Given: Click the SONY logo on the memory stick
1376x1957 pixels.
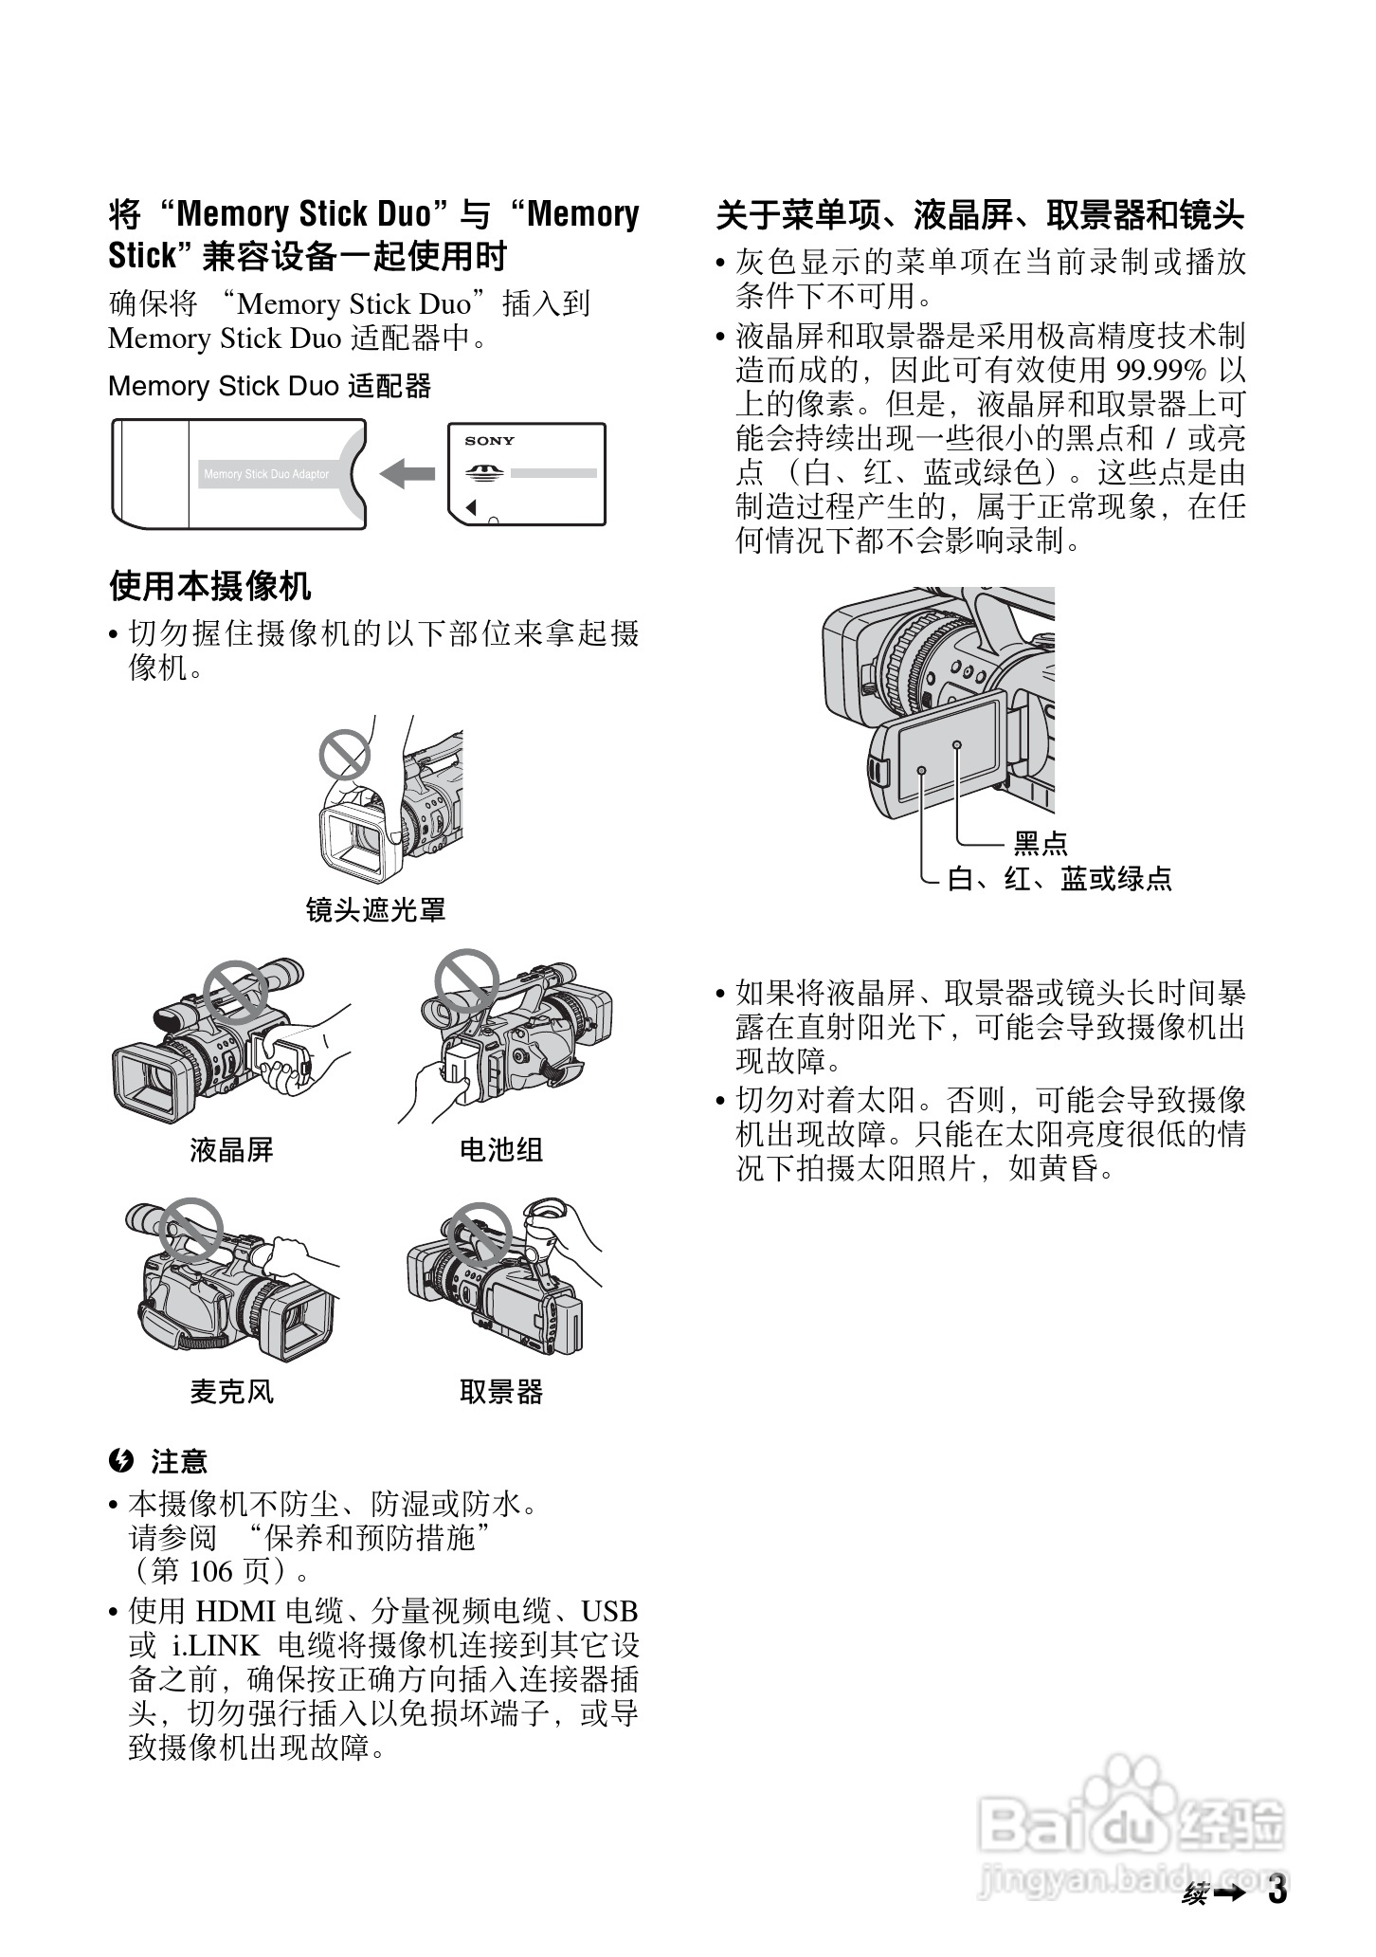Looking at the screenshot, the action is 489,441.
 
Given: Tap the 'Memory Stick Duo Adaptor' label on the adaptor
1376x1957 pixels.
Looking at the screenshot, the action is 266,474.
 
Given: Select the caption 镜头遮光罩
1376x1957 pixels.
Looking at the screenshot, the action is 375,910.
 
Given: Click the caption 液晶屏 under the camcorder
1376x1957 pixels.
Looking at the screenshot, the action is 231,1150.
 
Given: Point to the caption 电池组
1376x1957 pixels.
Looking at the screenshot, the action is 500,1150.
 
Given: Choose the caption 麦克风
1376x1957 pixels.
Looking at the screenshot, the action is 231,1392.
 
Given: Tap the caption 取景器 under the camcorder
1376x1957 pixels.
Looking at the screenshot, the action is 500,1392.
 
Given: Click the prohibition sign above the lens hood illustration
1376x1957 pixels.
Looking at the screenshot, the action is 343,755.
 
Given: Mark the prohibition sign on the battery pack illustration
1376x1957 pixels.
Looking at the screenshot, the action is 466,980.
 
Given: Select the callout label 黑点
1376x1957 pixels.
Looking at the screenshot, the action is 1040,843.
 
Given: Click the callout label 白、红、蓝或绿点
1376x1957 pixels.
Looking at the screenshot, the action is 1059,879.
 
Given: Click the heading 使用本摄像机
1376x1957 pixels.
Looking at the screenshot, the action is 210,586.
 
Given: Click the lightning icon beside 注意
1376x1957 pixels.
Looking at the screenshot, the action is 120,1461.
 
